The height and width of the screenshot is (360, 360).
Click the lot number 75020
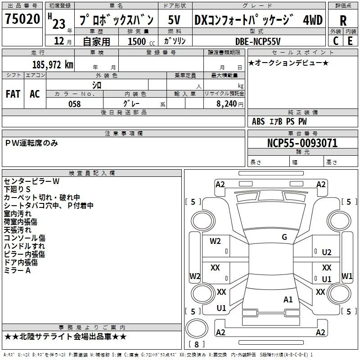point(22,19)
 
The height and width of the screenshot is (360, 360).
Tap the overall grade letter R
point(343,21)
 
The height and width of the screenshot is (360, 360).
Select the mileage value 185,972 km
point(53,65)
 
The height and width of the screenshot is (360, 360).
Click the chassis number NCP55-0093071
point(302,143)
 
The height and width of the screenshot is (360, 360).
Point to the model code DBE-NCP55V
point(258,41)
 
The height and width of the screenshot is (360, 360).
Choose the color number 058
point(75,104)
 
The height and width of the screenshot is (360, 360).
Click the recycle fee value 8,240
point(227,104)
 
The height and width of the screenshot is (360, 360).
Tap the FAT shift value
point(13,94)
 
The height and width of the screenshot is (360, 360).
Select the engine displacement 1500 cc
point(141,41)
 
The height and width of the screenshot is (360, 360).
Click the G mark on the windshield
point(284,237)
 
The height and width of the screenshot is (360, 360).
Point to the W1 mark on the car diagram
point(347,276)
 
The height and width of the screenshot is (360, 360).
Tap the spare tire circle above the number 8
point(197,328)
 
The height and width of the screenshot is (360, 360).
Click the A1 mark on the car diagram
point(288,300)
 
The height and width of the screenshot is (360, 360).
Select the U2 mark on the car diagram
point(327,252)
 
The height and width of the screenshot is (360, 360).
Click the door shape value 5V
point(174,20)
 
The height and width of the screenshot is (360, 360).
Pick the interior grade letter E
point(350,41)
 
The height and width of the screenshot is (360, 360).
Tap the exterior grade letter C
point(336,41)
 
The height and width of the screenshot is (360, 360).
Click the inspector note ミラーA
point(17,270)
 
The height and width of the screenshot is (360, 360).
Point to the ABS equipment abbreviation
point(258,121)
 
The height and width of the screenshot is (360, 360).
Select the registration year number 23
point(59,24)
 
